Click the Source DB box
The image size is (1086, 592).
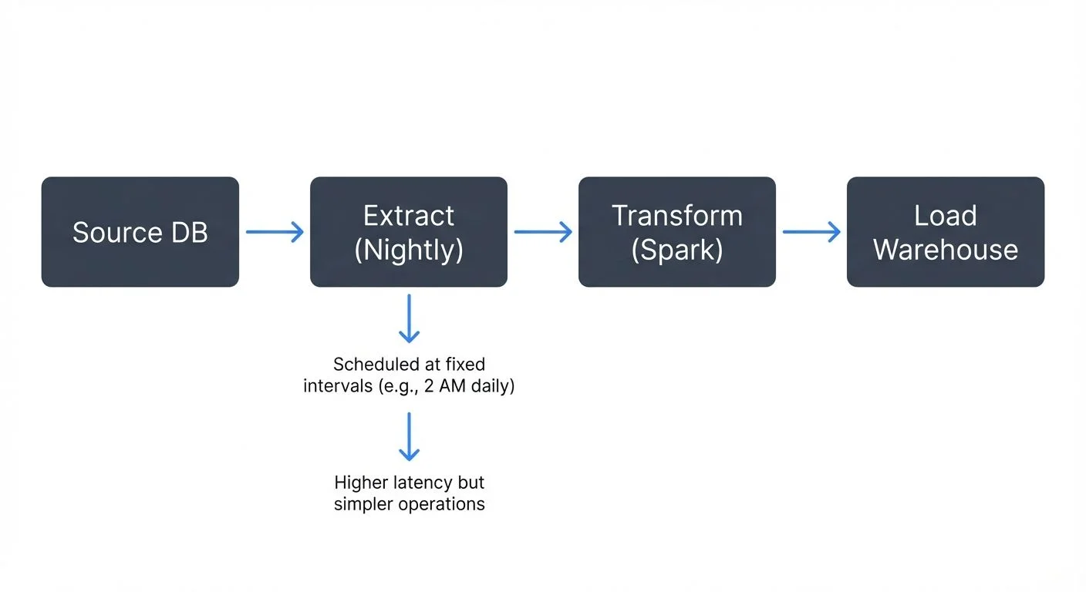click(x=140, y=232)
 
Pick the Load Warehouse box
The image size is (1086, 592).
click(x=945, y=232)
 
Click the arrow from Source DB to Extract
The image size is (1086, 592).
click(x=275, y=232)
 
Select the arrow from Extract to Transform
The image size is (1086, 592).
click(x=543, y=232)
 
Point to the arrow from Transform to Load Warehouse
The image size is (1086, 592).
click(x=811, y=232)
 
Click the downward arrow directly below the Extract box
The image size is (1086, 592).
click(x=409, y=318)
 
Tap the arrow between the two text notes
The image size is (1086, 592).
click(x=409, y=436)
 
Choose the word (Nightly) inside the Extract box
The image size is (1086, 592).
click(x=408, y=251)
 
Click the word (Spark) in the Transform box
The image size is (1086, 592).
click(x=676, y=251)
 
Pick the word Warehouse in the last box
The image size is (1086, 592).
click(x=945, y=250)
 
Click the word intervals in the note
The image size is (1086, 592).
click(x=337, y=385)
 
